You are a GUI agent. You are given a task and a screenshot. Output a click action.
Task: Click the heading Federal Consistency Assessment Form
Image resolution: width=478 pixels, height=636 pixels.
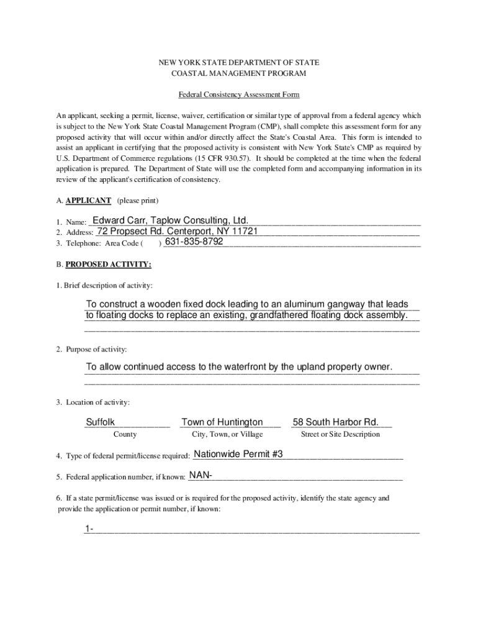click(239, 95)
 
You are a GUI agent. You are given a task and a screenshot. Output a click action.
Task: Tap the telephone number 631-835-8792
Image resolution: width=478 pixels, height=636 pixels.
click(193, 242)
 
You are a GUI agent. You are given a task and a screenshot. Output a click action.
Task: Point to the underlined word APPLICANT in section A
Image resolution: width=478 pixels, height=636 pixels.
click(89, 201)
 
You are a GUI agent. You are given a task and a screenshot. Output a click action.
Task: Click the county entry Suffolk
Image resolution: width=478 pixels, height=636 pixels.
click(100, 422)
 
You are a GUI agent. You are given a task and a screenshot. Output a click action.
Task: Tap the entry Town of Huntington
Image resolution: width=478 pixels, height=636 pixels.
click(222, 422)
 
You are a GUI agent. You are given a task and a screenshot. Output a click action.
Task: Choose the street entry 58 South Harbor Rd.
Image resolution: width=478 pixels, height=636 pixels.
click(336, 422)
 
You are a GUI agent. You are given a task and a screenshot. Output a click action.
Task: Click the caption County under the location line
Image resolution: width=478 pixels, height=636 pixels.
click(125, 434)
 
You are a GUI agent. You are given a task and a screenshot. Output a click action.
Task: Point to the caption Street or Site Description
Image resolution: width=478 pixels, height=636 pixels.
click(340, 434)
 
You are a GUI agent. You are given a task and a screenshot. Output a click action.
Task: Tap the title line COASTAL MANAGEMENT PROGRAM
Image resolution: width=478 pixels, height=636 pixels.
click(239, 74)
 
